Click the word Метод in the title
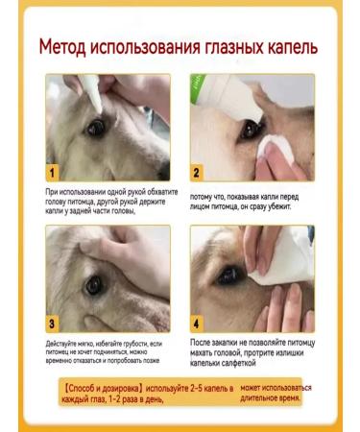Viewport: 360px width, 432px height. pos(70,47)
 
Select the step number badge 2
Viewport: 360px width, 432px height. pos(197,174)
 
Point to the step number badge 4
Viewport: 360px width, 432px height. pos(197,324)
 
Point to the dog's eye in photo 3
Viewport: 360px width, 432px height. pos(93,284)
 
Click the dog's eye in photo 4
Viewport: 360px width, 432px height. pos(230,275)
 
